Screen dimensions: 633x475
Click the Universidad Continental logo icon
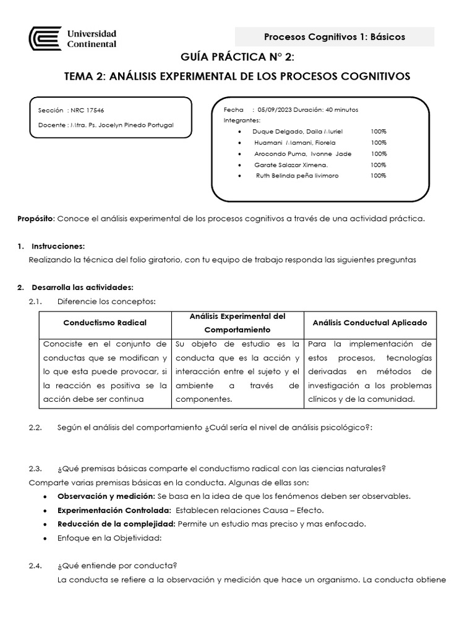coord(45,39)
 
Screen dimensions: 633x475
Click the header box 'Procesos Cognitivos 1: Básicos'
coord(335,37)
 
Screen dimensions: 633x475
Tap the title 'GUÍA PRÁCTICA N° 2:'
coord(237,58)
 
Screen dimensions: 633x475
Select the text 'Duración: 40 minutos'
coord(326,109)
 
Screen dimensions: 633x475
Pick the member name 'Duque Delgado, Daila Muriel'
coord(297,132)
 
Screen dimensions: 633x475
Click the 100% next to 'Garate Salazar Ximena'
coord(379,165)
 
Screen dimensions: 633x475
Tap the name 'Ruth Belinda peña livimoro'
coord(297,176)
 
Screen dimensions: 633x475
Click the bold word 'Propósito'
coord(36,219)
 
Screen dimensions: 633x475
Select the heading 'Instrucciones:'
coord(57,246)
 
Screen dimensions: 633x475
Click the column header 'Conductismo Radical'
coord(105,323)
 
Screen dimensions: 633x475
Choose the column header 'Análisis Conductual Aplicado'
coord(370,323)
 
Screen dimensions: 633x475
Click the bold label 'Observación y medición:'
coord(106,496)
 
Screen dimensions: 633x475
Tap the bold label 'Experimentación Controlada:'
coord(114,510)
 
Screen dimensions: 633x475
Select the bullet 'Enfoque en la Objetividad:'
coord(109,538)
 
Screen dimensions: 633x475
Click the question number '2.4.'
coord(36,566)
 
